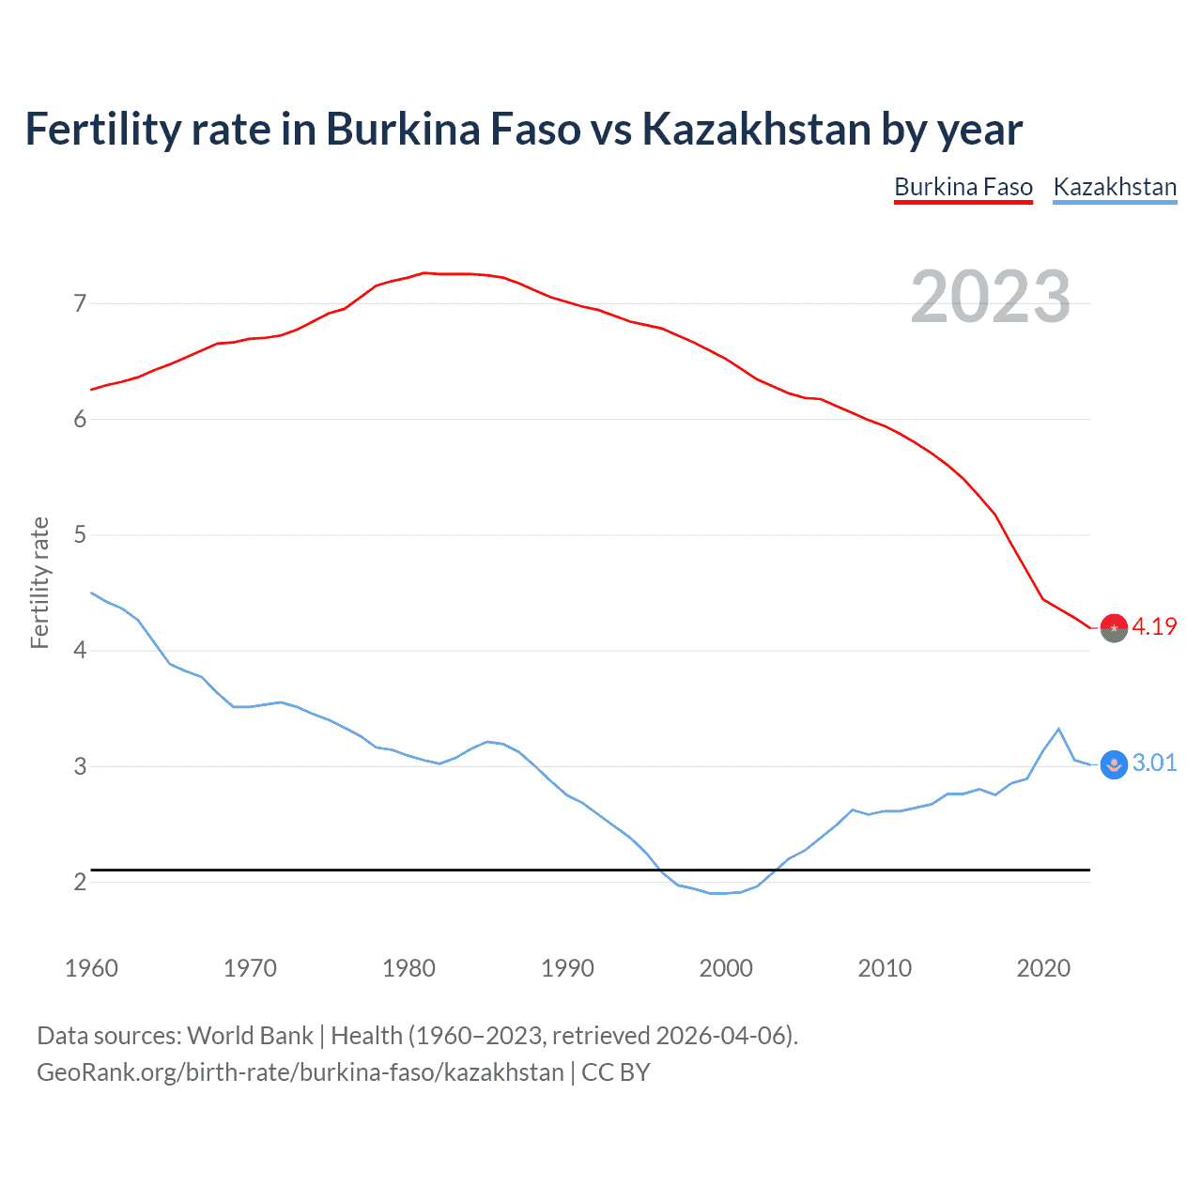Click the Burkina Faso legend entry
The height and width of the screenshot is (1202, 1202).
point(963,187)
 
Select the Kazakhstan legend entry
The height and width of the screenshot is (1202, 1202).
point(1115,187)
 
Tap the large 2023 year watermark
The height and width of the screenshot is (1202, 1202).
point(990,297)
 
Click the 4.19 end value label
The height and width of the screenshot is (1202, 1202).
point(1154,626)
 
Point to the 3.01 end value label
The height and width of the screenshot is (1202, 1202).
point(1154,763)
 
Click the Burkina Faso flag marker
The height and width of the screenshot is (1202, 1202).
point(1114,627)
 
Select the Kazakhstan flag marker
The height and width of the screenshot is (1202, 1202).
point(1114,764)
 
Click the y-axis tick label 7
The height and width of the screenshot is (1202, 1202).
point(80,303)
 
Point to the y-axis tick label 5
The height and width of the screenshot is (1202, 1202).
point(80,535)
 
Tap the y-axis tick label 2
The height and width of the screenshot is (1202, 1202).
point(80,882)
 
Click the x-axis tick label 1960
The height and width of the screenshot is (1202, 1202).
point(91,968)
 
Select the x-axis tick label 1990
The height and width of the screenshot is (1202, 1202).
point(567,968)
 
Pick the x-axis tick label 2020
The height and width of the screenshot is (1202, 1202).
point(1043,968)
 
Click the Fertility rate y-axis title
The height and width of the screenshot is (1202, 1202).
point(39,582)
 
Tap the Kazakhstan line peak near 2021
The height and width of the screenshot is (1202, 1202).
point(1058,729)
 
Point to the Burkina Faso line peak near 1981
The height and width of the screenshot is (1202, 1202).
point(424,272)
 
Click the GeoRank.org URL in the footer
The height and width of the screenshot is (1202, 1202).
point(300,1072)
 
